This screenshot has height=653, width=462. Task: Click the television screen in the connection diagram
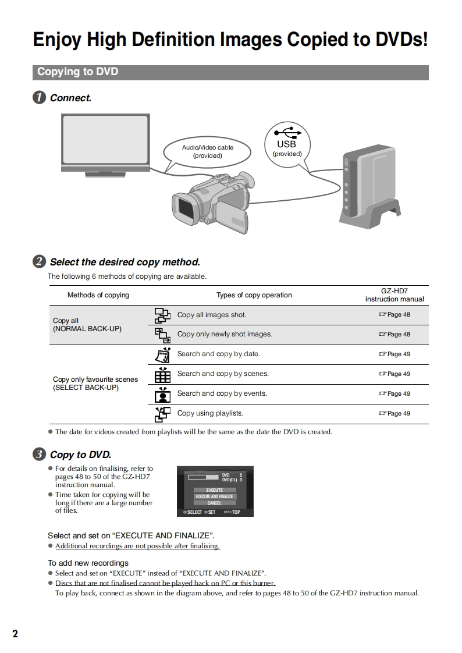(105, 140)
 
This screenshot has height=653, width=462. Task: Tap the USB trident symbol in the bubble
(287, 133)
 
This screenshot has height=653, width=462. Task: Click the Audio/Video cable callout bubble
(208, 151)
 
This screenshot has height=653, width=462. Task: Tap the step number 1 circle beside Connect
(39, 98)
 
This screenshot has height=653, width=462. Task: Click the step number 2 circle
(39, 262)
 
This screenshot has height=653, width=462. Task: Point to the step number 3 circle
(39, 455)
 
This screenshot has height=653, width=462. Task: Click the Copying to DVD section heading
(78, 72)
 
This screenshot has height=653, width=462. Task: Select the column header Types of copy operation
(254, 295)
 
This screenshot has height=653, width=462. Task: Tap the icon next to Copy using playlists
(162, 414)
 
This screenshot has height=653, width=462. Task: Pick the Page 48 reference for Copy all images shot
(395, 315)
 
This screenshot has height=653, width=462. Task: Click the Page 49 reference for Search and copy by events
(395, 394)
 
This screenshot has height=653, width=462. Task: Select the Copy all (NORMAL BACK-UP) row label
(87, 325)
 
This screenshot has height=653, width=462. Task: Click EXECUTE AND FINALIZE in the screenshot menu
(214, 496)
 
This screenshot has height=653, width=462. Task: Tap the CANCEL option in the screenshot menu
(214, 503)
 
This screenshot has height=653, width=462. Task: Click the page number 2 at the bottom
(15, 634)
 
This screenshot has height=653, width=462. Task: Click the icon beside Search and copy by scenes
(162, 375)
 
